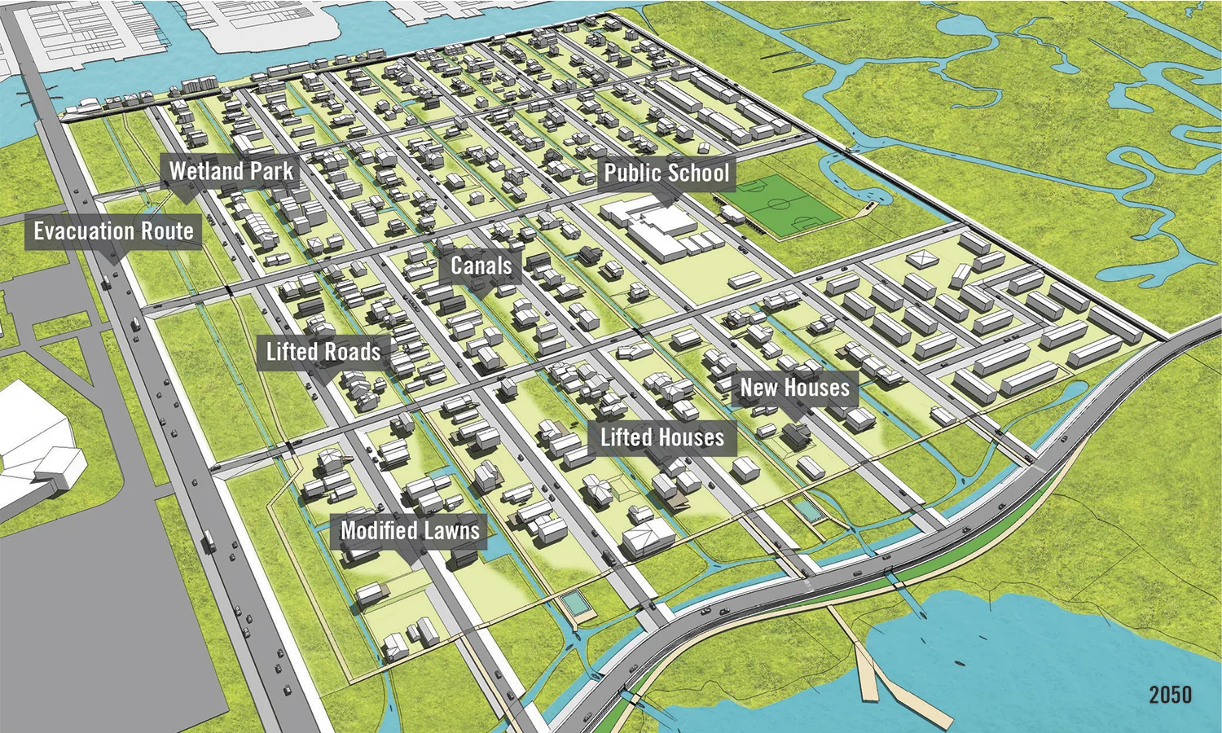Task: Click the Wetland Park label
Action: coord(231,171)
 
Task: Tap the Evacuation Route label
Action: coord(113,231)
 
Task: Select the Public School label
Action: coord(666,173)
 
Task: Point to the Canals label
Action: coord(481,266)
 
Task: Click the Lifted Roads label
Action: coord(323,352)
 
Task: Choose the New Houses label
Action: coord(794,388)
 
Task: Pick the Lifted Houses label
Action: coord(662,437)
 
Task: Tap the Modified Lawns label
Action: coord(410,531)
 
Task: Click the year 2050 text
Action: coord(1170,695)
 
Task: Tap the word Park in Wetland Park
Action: coord(272,171)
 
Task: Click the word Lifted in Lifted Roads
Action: coord(292,352)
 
